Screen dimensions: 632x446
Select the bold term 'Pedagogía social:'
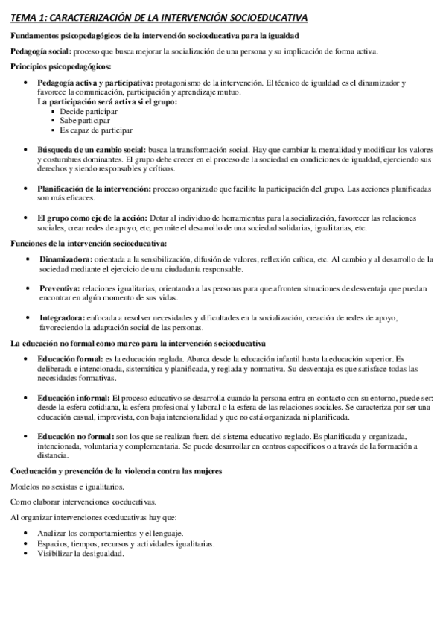click(40, 51)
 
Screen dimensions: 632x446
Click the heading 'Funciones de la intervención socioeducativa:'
click(88, 243)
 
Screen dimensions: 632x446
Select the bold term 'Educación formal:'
click(70, 359)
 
